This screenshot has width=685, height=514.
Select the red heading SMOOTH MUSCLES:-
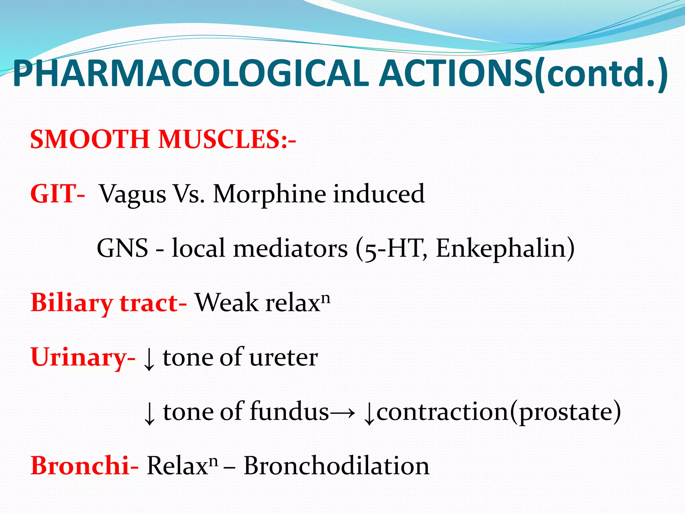click(163, 139)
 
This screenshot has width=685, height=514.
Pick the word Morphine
click(269, 194)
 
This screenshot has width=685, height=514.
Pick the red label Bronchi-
click(84, 466)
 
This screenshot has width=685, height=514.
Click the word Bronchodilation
click(336, 466)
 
